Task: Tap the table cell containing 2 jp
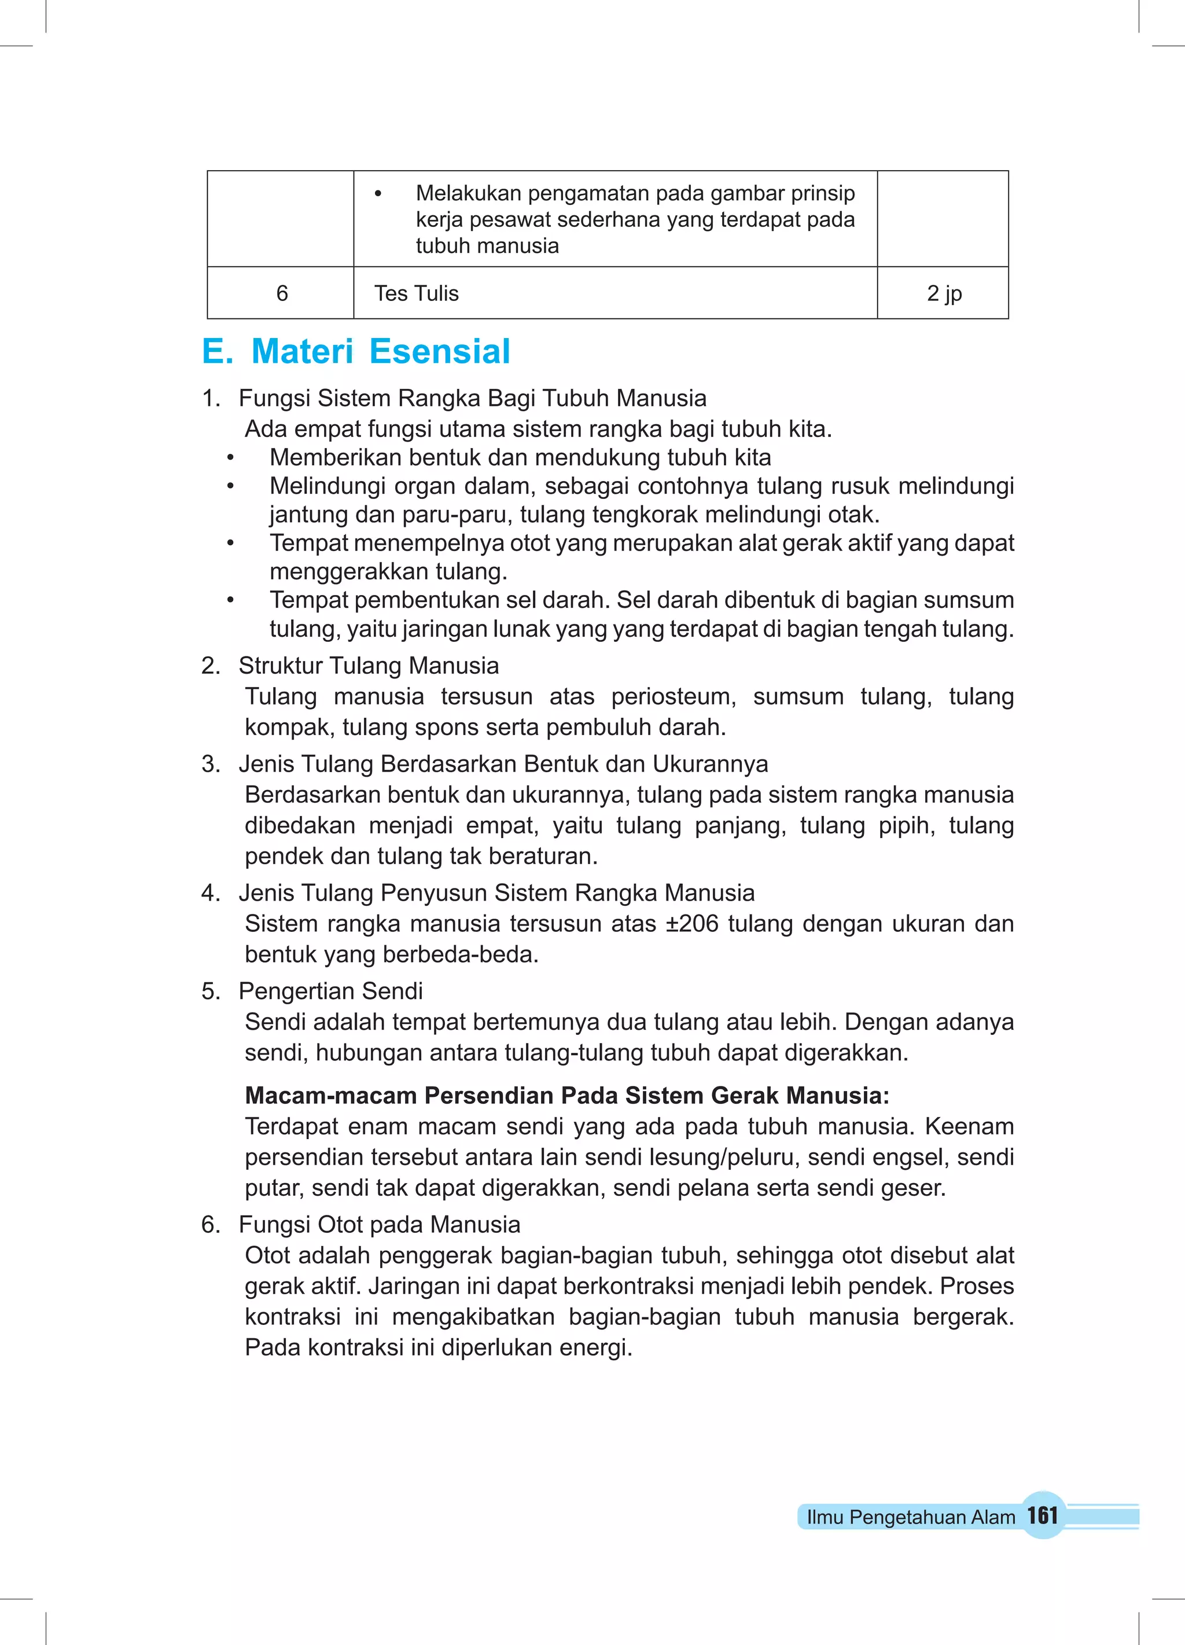tap(944, 293)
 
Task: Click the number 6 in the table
tap(282, 293)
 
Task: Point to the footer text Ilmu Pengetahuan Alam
tap(910, 1517)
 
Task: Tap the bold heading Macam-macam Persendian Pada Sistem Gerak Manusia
tap(566, 1095)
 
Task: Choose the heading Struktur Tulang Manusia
tap(369, 665)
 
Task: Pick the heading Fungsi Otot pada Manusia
tap(380, 1224)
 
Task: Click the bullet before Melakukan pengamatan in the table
tap(377, 194)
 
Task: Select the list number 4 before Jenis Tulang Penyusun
tap(209, 893)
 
